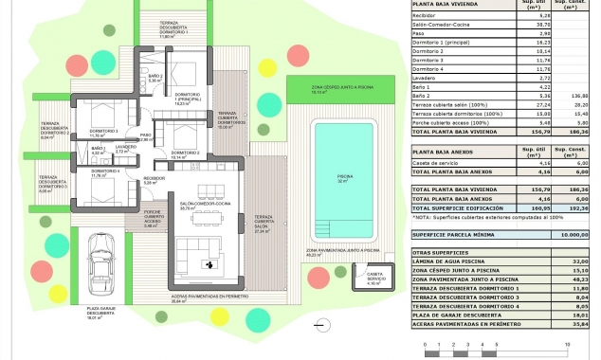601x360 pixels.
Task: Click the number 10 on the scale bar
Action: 567,346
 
